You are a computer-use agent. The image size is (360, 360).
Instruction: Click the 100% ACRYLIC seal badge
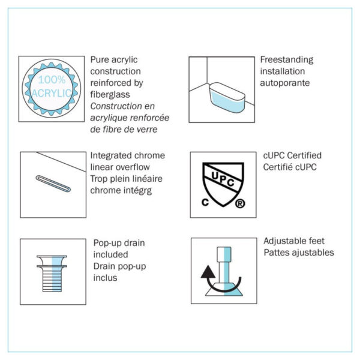pyautogui.click(x=52, y=89)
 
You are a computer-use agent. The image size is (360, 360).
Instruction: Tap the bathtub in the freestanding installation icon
pyautogui.click(x=227, y=97)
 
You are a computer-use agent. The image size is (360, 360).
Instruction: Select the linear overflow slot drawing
pyautogui.click(x=53, y=184)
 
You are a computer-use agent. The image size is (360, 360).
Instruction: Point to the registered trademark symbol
pyautogui.click(x=240, y=203)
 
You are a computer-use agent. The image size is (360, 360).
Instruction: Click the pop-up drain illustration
pyautogui.click(x=52, y=274)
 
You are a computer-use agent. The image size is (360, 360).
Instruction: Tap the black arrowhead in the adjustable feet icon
pyautogui.click(x=208, y=272)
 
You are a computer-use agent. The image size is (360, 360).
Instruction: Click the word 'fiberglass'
pyautogui.click(x=110, y=95)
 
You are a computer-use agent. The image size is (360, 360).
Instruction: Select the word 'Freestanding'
pyautogui.click(x=287, y=60)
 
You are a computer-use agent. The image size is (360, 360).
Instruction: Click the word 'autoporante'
pyautogui.click(x=284, y=83)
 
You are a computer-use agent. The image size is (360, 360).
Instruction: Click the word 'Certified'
pyautogui.click(x=304, y=155)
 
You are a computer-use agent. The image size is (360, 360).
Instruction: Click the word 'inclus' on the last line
pyautogui.click(x=105, y=278)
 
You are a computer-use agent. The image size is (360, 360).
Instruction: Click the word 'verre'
pyautogui.click(x=147, y=130)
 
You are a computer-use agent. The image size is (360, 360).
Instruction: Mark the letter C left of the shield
pyautogui.click(x=205, y=202)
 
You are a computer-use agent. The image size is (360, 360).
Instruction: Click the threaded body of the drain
pyautogui.click(x=52, y=280)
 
